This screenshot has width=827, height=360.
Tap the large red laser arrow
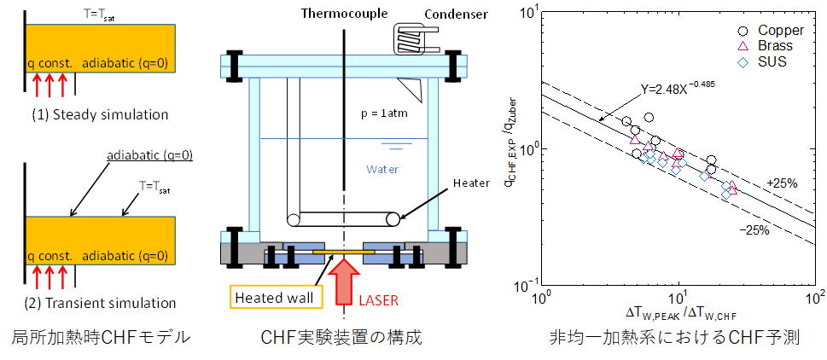pos(344,281)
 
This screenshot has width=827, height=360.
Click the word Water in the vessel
pos(382,169)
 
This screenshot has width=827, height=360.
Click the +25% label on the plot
pos(780,183)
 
